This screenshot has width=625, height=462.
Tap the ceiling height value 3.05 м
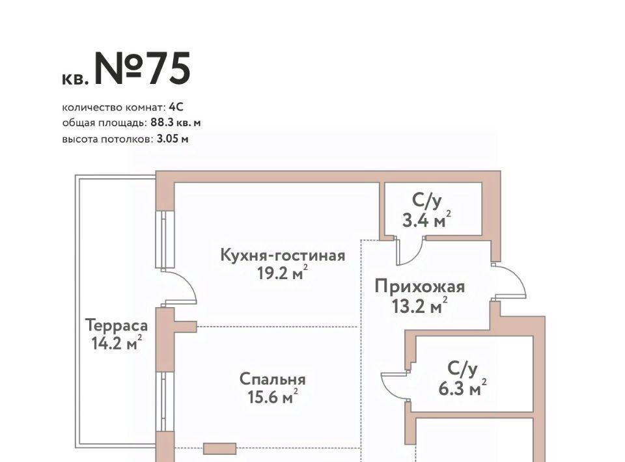(x=173, y=139)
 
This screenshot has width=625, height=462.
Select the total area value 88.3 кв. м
(x=175, y=123)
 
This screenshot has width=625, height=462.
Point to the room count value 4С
(x=176, y=107)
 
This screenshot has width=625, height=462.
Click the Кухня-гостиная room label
(x=283, y=255)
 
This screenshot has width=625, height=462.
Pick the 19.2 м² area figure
(x=283, y=273)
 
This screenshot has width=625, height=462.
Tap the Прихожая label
(x=420, y=287)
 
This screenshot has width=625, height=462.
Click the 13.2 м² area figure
(x=420, y=305)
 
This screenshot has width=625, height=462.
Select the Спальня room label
(x=273, y=379)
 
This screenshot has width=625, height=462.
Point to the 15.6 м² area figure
(x=273, y=397)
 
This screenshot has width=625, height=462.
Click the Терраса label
(x=117, y=325)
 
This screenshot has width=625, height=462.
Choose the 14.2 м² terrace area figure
(x=117, y=343)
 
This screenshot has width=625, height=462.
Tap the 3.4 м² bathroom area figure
(x=426, y=219)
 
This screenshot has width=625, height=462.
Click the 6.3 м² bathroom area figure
(x=462, y=388)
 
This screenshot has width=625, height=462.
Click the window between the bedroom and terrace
(x=165, y=401)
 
